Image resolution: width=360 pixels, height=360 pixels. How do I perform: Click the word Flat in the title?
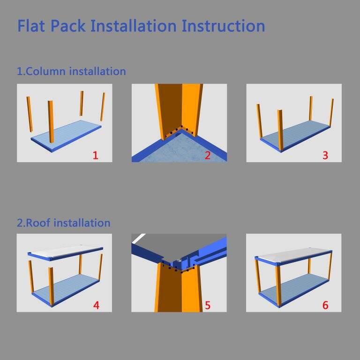31,26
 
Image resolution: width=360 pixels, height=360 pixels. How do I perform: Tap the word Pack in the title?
68,26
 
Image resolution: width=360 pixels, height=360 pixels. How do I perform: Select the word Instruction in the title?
223,26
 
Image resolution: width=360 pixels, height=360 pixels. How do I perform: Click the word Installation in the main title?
134,26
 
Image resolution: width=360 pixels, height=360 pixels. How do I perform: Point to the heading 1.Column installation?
71,71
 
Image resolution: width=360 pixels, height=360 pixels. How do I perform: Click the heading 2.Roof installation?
64,223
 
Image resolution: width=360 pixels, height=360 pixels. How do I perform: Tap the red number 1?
96,156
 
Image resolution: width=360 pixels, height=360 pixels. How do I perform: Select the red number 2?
207,156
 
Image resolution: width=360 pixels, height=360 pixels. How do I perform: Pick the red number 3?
325,156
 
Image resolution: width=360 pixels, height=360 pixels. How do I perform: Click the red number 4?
96,305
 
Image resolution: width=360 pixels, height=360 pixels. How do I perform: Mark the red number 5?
208,305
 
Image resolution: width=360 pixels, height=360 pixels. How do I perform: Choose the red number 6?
325,305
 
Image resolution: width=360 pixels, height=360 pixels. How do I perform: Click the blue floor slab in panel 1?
67,135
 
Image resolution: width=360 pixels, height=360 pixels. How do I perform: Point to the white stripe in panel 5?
139,238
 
